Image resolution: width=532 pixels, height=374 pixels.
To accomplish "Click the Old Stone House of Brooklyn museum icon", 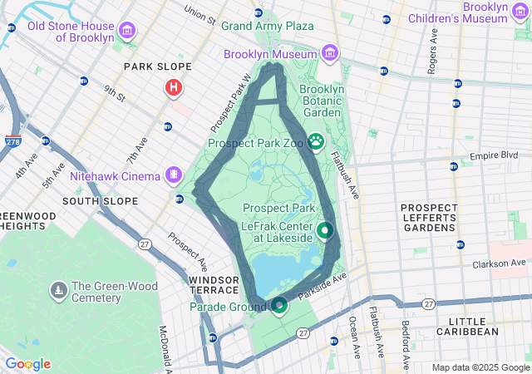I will click(127, 32).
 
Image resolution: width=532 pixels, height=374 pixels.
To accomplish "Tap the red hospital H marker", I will click(173, 86).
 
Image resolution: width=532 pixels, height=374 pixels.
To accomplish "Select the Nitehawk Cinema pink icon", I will click(173, 175).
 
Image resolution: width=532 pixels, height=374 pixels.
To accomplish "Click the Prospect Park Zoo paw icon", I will click(316, 141).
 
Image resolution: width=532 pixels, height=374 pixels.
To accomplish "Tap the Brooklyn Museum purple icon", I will click(330, 53).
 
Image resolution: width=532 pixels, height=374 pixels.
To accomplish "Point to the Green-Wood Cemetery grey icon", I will click(58, 290).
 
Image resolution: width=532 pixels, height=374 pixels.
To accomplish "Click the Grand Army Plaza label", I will click(267, 26).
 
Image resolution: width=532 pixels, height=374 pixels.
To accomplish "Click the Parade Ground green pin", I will click(279, 306).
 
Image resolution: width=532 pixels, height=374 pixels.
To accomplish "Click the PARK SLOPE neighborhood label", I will click(157, 66).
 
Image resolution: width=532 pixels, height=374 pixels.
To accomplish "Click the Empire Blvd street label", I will click(494, 155).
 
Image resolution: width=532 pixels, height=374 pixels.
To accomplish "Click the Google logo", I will click(27, 364).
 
